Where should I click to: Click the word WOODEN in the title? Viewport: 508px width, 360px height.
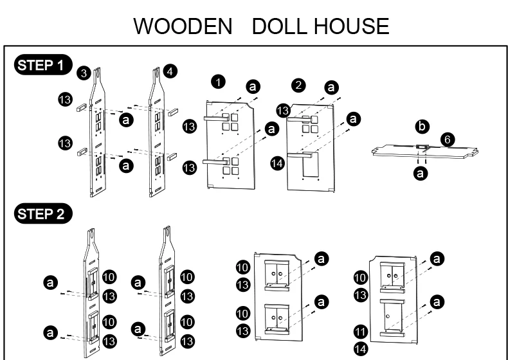click(x=183, y=26)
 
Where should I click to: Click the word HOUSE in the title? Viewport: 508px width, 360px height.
click(x=352, y=26)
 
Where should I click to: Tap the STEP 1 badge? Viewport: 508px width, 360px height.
click(x=41, y=65)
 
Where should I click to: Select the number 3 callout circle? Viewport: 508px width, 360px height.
click(x=83, y=73)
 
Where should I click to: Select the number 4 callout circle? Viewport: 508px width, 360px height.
click(x=170, y=71)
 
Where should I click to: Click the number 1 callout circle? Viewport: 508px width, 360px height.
click(x=219, y=82)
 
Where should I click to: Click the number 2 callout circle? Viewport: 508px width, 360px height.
click(x=298, y=85)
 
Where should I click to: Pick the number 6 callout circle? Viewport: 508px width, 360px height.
click(x=448, y=138)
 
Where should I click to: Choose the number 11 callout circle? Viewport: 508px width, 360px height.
click(x=361, y=332)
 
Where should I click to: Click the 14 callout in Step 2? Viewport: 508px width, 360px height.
click(x=361, y=349)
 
